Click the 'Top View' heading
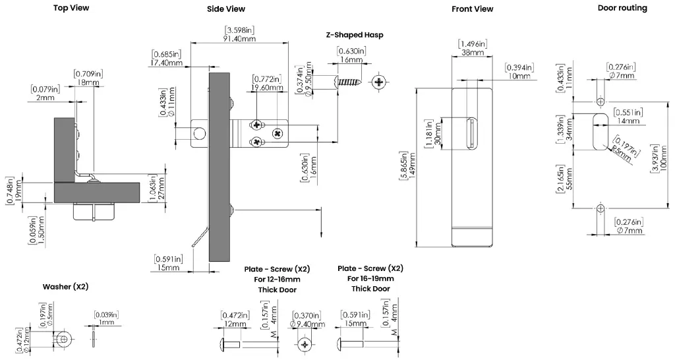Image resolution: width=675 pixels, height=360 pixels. click(x=71, y=8)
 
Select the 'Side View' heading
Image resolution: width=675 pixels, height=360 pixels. click(x=226, y=9)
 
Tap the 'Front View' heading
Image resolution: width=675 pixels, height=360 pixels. click(x=472, y=9)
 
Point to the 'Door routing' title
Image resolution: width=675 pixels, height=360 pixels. click(x=622, y=8)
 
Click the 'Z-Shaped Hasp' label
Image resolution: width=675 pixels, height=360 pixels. click(x=355, y=35)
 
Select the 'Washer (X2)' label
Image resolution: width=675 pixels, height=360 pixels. click(x=65, y=287)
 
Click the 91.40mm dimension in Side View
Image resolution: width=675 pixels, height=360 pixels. click(x=240, y=39)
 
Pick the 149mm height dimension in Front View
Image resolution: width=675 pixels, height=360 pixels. click(x=413, y=167)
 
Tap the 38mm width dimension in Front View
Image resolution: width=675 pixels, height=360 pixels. click(x=472, y=52)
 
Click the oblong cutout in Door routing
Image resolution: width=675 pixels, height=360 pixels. click(x=600, y=131)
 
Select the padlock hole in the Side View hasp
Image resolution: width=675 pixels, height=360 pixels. click(x=198, y=135)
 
